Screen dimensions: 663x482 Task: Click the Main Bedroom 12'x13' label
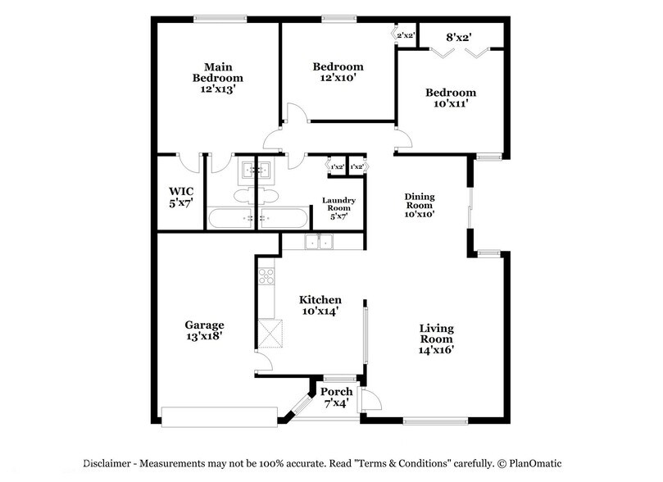218,78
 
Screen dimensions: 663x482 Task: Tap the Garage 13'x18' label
204,330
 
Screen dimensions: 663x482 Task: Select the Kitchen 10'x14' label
320,306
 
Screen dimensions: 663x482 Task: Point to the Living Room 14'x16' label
436,339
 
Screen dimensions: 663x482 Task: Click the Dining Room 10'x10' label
420,206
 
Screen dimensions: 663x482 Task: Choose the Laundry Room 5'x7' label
338,208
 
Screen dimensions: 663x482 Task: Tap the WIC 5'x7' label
181,198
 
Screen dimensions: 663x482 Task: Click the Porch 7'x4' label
336,398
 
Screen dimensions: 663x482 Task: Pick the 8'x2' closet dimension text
459,38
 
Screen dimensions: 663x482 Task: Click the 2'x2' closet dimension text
405,35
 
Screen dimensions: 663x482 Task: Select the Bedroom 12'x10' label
338,72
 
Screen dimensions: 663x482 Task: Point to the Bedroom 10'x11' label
451,98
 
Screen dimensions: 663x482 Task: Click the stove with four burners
266,276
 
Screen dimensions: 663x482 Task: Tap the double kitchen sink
320,242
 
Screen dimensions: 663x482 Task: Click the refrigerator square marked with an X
270,334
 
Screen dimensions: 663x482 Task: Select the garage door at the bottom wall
220,417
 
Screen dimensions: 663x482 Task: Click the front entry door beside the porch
370,400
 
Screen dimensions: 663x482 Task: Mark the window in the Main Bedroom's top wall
220,19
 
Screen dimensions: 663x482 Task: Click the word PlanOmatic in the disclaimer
535,463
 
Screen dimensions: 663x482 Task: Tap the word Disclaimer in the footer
107,463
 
